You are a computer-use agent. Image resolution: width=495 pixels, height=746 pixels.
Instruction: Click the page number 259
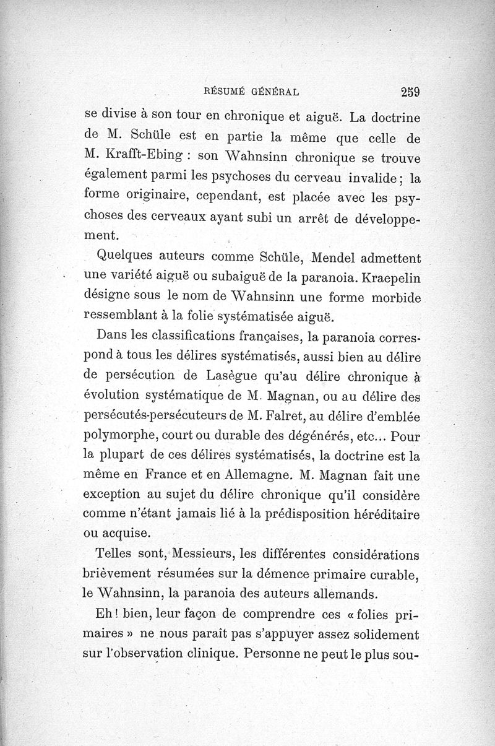[410, 92]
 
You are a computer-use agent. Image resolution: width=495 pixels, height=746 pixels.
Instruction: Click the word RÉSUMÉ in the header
[224, 93]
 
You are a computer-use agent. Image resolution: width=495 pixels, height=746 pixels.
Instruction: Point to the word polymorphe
[121, 437]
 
